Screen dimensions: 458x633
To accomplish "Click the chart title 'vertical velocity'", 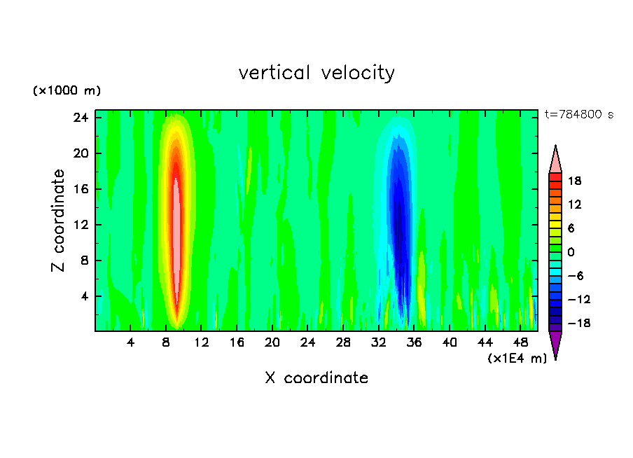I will (316, 73).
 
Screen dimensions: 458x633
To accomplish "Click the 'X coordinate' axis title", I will (316, 378).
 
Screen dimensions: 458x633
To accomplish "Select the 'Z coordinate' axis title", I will (59, 221).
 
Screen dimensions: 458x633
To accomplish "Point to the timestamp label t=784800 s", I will (578, 115).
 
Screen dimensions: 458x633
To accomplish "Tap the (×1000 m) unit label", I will (67, 91).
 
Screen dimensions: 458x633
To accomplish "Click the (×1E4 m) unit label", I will (517, 359).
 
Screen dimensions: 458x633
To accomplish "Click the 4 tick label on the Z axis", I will (83, 296).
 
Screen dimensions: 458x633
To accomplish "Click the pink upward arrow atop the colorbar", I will (555, 159).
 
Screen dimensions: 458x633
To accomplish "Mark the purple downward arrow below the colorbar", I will (555, 344).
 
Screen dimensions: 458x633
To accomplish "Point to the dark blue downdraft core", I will (400, 224).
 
